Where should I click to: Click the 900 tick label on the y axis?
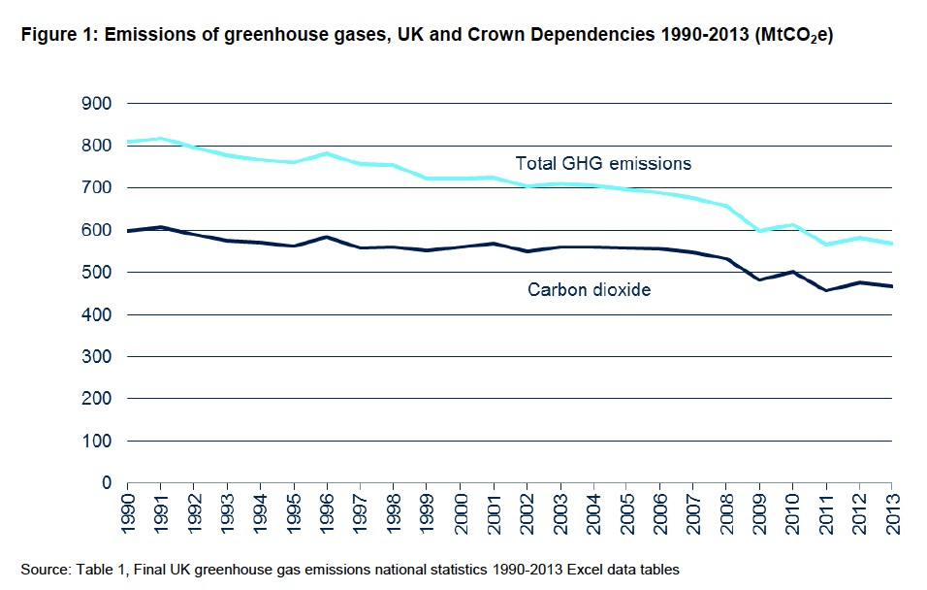(x=99, y=104)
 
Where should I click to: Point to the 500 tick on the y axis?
(x=99, y=273)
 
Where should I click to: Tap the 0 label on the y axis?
(x=108, y=483)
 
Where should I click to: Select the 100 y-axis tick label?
(x=99, y=442)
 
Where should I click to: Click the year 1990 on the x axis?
(x=127, y=513)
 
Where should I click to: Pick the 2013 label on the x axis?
(x=891, y=513)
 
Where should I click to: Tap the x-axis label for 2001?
(x=493, y=513)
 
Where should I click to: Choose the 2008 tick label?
(x=725, y=513)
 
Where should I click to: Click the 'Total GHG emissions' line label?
(x=603, y=163)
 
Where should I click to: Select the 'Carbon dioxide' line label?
(x=589, y=289)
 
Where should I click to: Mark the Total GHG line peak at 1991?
(x=160, y=139)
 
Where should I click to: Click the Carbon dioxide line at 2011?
(x=825, y=290)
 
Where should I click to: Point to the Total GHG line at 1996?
(x=327, y=153)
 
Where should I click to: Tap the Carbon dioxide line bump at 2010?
(x=792, y=272)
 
